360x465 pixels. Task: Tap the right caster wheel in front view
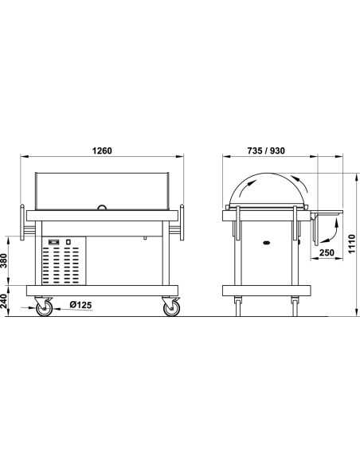[170, 307]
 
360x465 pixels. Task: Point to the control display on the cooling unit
[55, 240]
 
